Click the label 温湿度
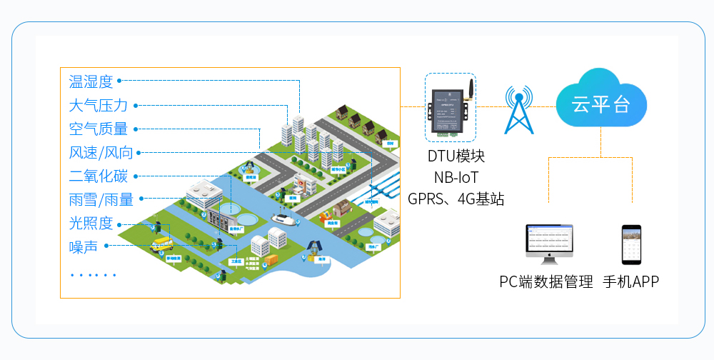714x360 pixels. tap(91, 81)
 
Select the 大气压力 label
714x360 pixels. tap(98, 106)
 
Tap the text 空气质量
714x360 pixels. tap(98, 129)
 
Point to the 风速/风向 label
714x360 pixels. tap(101, 153)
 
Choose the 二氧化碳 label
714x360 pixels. tap(98, 176)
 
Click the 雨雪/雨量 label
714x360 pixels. tap(101, 200)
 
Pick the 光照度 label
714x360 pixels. tap(91, 223)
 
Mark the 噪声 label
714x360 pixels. tap(83, 246)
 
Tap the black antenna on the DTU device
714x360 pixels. tap(471, 90)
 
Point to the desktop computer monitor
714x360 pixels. tap(549, 243)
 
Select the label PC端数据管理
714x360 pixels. tap(546, 281)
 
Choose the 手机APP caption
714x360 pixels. tap(630, 281)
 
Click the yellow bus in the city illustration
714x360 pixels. tap(161, 243)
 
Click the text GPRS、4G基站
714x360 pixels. tap(456, 199)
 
